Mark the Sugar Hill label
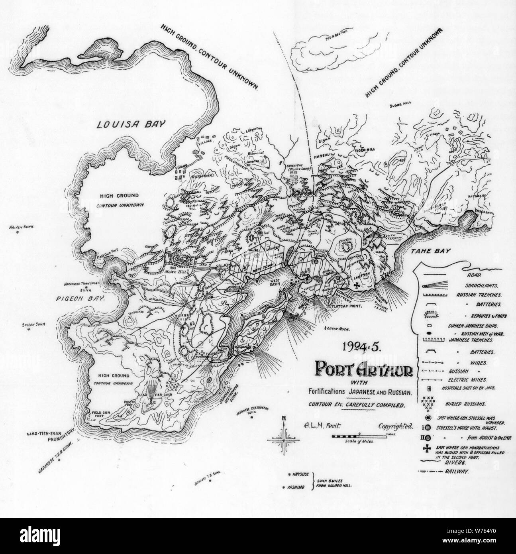[x=400, y=106]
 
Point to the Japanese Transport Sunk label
[x=82, y=287]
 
